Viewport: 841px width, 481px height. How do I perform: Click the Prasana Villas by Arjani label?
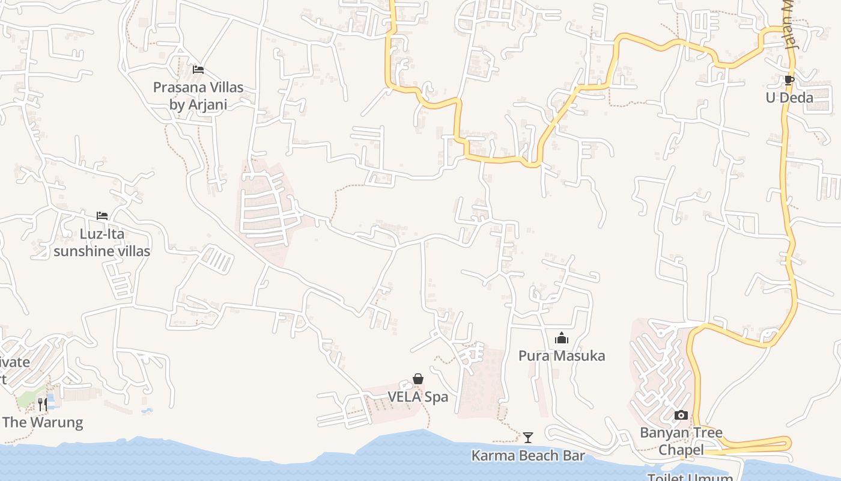tap(198, 96)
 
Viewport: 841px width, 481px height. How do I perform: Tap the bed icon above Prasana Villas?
tap(198, 70)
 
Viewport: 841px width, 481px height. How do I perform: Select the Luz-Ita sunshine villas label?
tap(102, 242)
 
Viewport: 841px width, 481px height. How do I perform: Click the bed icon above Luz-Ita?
tap(102, 216)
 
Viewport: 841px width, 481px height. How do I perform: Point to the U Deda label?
tap(789, 97)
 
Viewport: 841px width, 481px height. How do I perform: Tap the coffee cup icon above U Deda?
tap(789, 80)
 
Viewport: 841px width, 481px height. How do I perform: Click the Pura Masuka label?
tap(562, 356)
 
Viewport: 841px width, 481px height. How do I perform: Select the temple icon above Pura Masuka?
tap(562, 338)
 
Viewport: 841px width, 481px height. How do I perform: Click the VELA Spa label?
tap(418, 397)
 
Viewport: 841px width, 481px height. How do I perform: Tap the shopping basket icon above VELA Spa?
tap(418, 379)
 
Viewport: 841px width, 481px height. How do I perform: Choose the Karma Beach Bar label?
tap(527, 456)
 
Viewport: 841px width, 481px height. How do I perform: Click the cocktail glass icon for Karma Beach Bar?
tap(528, 437)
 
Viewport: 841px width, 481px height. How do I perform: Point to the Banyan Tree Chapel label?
tap(681, 441)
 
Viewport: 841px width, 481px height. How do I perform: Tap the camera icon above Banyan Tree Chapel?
tap(681, 415)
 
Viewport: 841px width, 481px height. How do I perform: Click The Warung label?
tap(43, 422)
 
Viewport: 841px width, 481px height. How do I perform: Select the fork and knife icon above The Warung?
tap(43, 404)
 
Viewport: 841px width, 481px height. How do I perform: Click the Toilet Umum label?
tap(690, 477)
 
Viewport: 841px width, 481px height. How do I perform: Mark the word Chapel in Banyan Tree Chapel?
tap(681, 450)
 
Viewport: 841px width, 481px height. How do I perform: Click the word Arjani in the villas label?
tap(206, 105)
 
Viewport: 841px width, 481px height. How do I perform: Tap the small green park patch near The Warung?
tap(27, 397)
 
